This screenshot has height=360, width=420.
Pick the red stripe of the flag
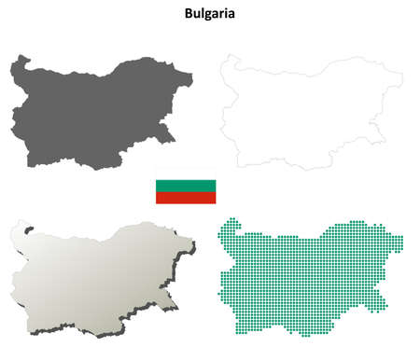[x=185, y=196]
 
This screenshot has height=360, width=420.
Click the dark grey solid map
[x=93, y=112]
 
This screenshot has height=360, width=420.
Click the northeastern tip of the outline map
[x=401, y=75]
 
